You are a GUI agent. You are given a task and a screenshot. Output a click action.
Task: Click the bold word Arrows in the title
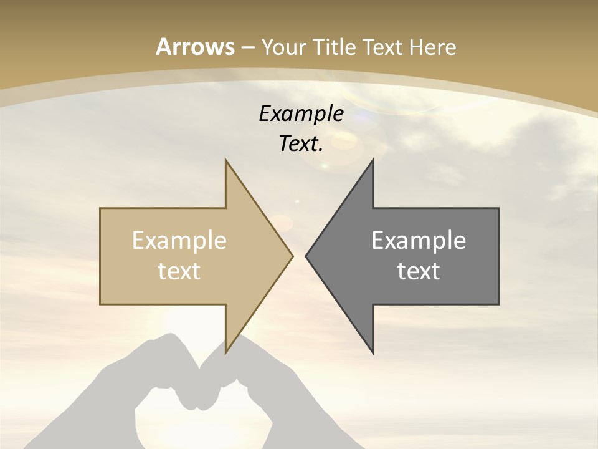click(196, 47)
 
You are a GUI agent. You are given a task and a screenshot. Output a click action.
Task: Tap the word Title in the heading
click(335, 47)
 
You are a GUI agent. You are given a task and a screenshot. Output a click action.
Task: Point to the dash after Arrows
click(248, 47)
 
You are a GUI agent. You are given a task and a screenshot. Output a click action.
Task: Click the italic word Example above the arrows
click(301, 113)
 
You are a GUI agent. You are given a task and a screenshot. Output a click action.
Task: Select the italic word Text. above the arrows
click(301, 143)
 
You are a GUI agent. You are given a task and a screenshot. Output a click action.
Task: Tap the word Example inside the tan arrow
click(179, 240)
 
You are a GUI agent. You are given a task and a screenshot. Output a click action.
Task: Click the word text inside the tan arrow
click(179, 271)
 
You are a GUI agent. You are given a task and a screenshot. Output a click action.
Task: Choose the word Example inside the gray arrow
click(419, 240)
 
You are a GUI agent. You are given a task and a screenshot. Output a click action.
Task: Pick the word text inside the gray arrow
click(419, 271)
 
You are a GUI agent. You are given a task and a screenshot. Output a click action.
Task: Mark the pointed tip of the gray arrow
click(306, 256)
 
